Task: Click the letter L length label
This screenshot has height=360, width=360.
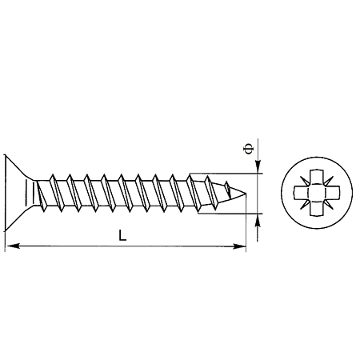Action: [x=122, y=236]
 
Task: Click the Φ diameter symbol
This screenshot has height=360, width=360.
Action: [x=248, y=149]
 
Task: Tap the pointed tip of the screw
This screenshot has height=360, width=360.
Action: [x=246, y=193]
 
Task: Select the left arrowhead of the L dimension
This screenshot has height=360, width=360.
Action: [x=13, y=246]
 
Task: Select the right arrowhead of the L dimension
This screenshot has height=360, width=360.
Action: [x=238, y=246]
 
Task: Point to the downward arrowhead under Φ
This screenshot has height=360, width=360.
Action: [x=258, y=166]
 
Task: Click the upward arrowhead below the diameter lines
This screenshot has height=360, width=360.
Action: [x=258, y=221]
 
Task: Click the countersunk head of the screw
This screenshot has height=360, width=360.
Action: [x=18, y=193]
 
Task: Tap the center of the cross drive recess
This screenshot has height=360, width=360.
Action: [x=317, y=193]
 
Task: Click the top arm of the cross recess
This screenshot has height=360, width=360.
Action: [x=317, y=177]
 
